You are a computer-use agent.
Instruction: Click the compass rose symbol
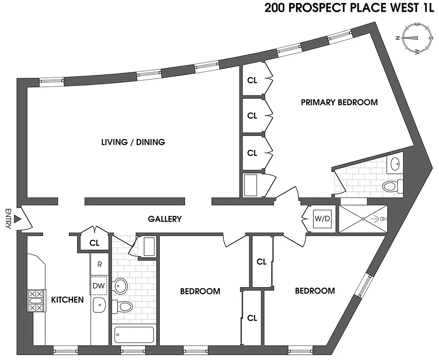tap(416, 38)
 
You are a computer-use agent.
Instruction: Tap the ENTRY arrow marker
tap(18, 219)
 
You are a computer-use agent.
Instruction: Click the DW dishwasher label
tap(99, 286)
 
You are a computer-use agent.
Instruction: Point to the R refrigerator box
tap(100, 265)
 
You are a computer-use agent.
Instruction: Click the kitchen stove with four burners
tap(36, 301)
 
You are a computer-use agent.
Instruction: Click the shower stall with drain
tap(362, 219)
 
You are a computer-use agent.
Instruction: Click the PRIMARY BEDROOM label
tap(339, 102)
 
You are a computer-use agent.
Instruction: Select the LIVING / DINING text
tap(133, 142)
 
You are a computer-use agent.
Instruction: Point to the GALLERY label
tap(165, 219)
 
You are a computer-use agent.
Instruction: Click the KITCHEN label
tap(67, 300)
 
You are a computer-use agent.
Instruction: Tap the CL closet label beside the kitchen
tap(94, 243)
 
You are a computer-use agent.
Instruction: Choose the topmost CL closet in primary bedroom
tap(252, 80)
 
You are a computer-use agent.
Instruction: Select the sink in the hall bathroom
tap(121, 285)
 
